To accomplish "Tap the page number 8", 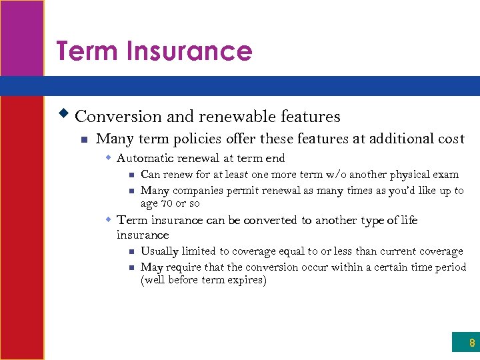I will click(472, 343).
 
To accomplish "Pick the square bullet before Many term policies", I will click(83, 140).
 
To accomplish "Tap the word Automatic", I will click(143, 159).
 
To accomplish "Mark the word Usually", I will click(159, 251).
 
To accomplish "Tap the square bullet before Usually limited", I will click(131, 252).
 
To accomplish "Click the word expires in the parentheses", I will click(246, 280).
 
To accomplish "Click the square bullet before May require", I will click(131, 267).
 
